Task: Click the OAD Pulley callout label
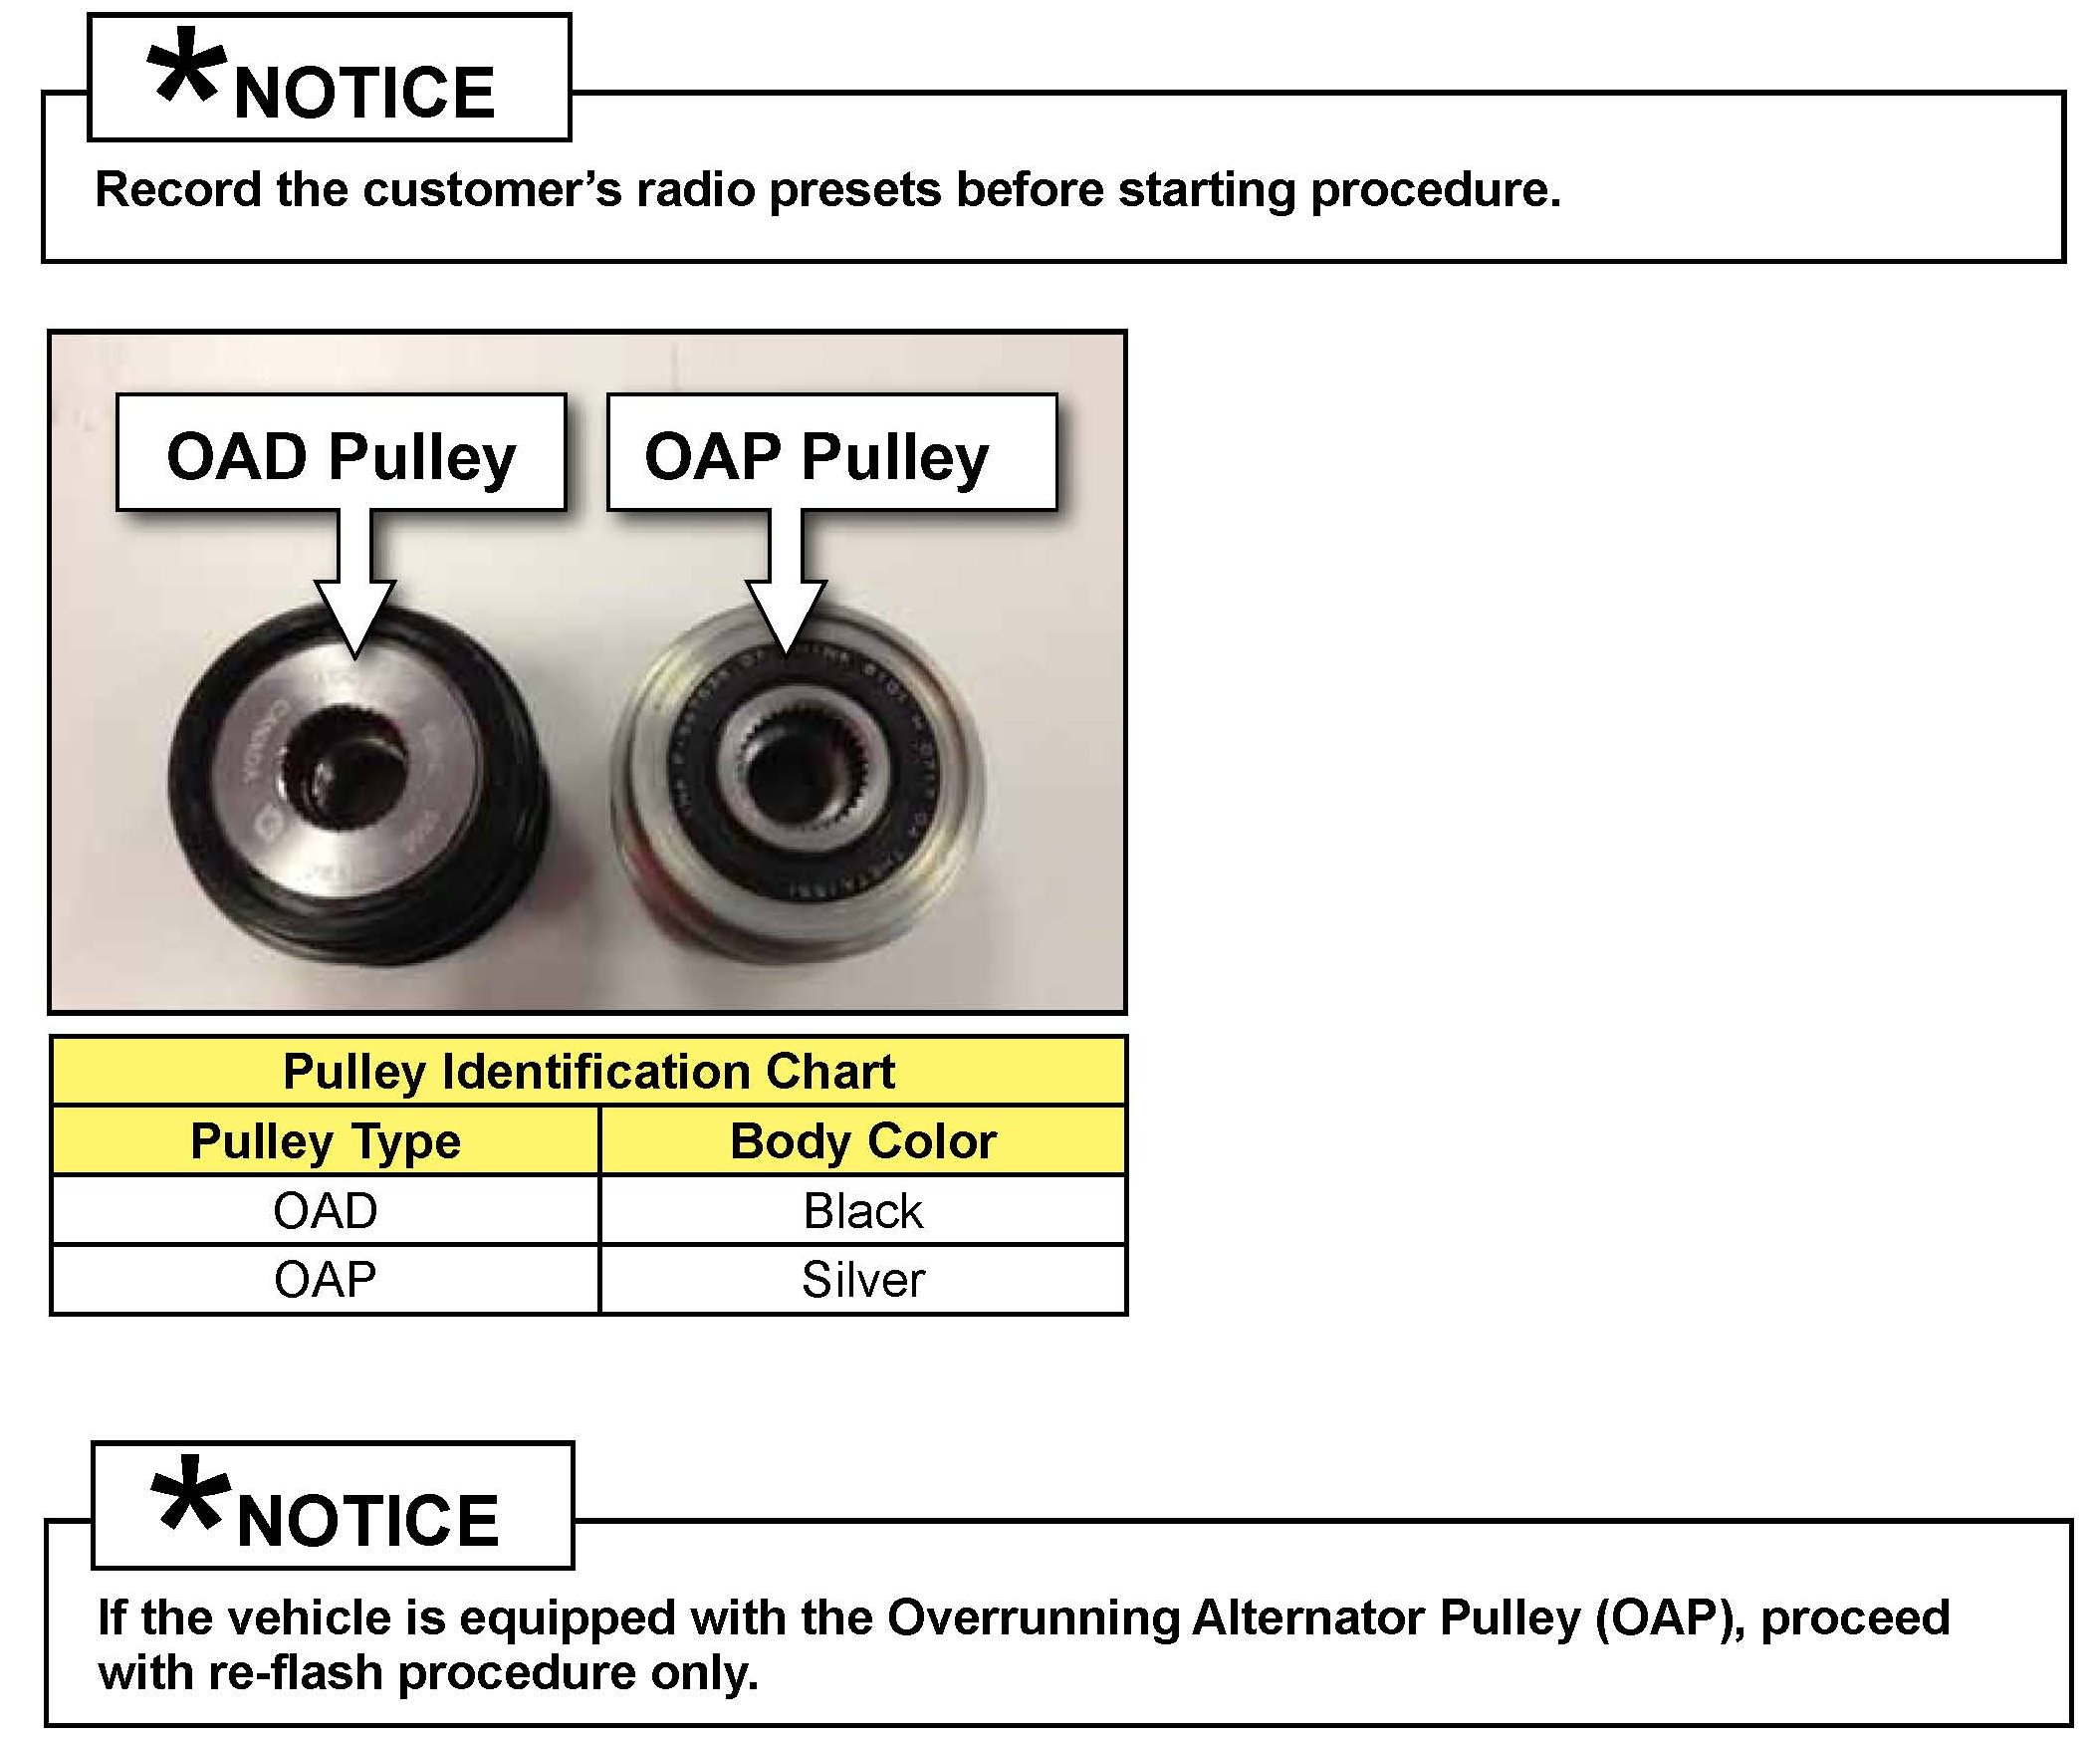[341, 455]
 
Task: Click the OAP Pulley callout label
[830, 455]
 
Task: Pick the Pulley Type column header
[325, 1140]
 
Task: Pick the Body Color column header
[862, 1140]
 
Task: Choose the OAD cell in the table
[325, 1210]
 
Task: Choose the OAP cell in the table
[325, 1279]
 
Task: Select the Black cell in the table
[862, 1210]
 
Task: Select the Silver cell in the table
[862, 1279]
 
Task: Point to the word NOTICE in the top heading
[364, 94]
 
